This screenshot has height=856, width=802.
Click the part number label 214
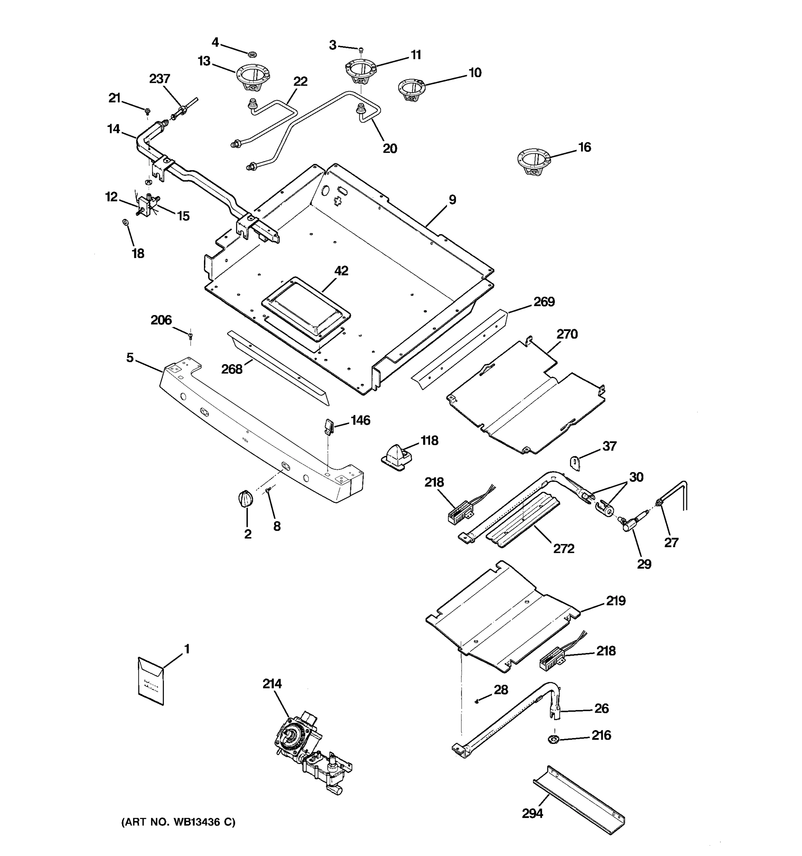[x=272, y=683]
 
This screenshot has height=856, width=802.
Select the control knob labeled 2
[x=245, y=499]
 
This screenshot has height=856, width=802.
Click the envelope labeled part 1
[x=150, y=681]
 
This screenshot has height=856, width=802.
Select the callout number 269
[x=544, y=302]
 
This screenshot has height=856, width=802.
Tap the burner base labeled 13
[x=253, y=77]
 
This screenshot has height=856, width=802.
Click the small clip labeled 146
[x=328, y=427]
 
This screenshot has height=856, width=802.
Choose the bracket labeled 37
[x=575, y=462]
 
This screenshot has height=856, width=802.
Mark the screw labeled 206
[x=191, y=335]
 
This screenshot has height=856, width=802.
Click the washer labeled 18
[x=125, y=222]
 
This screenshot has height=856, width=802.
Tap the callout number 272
[x=563, y=549]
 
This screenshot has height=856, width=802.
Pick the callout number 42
[x=341, y=271]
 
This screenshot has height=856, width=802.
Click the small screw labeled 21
[x=148, y=111]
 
